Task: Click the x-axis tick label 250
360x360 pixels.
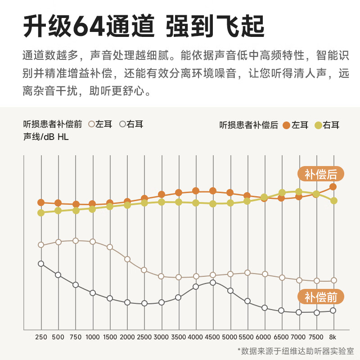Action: [x=40, y=337]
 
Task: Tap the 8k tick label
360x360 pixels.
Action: [x=333, y=337]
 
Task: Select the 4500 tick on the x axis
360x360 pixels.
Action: [x=213, y=337]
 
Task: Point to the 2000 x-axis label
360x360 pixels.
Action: [x=127, y=337]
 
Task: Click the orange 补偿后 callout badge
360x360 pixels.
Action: [x=320, y=174]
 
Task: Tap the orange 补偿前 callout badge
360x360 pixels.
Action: [x=320, y=297]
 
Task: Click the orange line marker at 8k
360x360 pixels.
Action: [x=333, y=186]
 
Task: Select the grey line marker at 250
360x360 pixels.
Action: [x=41, y=264]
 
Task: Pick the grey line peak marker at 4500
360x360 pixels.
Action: [x=213, y=283]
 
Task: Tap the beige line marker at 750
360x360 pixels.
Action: [x=76, y=241]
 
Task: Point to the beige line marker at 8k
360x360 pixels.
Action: [x=333, y=280]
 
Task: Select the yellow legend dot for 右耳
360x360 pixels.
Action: [x=318, y=125]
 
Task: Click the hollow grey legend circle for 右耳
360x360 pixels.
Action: [x=122, y=124]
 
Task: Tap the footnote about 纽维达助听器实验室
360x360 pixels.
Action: [x=296, y=351]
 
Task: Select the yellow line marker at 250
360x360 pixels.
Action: [x=41, y=213]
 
